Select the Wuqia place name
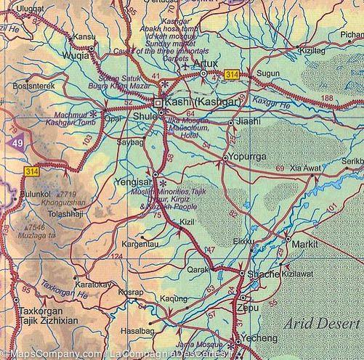click(76, 53)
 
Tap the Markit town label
click(305, 245)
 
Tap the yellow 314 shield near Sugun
click(232, 75)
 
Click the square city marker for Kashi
click(158, 102)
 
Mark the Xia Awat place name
click(305, 168)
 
